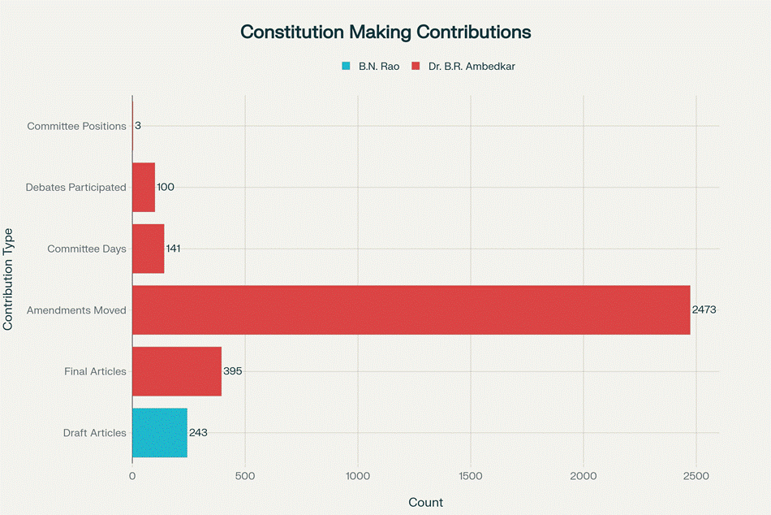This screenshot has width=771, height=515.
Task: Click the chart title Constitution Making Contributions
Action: pos(385,32)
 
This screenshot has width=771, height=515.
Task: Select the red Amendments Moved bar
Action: pos(411,310)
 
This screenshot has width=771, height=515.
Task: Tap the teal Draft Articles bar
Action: pos(160,433)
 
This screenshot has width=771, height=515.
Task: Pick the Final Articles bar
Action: pos(177,371)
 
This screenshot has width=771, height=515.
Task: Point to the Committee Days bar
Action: pos(149,249)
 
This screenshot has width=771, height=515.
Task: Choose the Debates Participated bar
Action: pos(144,188)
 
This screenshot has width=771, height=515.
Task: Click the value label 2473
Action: pos(704,310)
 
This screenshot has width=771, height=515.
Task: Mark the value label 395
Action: pos(233,371)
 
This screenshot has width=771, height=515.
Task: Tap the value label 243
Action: pos(198,433)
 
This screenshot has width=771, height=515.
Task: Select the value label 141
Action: pos(173,249)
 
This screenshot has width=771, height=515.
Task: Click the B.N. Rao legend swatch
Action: pos(347,67)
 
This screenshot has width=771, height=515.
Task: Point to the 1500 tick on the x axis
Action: pos(471,476)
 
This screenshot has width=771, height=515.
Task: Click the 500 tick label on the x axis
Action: pos(245,476)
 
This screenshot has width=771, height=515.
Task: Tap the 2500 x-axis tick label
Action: pos(696,476)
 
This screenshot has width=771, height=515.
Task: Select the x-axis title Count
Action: pos(425,502)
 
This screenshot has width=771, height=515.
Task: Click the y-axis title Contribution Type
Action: pos(9,279)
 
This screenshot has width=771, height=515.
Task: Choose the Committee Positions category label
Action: pos(76,127)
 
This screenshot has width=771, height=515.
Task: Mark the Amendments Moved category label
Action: pos(76,310)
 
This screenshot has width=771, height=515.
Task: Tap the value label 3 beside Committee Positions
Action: pos(138,126)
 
